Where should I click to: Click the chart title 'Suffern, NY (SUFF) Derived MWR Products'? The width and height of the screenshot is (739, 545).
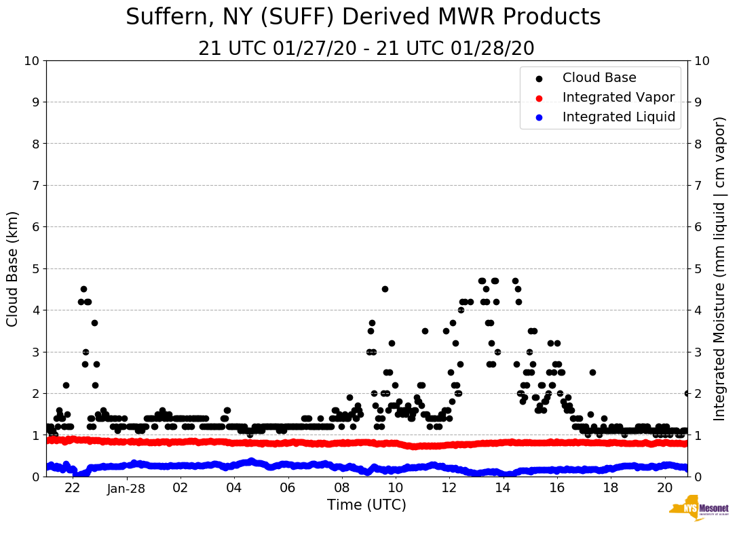[x=363, y=18]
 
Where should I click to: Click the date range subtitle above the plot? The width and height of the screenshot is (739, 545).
[x=366, y=49]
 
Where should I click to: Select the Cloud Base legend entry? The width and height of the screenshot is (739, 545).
[x=599, y=78]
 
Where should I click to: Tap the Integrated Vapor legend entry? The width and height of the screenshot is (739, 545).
[x=618, y=98]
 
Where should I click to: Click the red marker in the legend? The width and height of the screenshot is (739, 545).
[x=539, y=98]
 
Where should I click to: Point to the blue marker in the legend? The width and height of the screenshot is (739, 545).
[x=539, y=117]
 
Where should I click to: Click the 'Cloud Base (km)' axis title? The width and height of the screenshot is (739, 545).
[x=13, y=268]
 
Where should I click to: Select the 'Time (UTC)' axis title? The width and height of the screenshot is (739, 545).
[x=366, y=505]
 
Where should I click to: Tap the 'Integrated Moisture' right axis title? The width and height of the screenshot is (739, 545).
[x=720, y=268]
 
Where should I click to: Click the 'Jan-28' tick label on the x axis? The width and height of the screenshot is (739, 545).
[x=126, y=488]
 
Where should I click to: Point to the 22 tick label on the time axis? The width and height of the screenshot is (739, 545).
[x=73, y=488]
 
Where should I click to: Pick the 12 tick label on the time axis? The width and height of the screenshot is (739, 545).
[x=449, y=488]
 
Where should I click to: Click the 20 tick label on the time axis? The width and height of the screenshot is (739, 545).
[x=664, y=488]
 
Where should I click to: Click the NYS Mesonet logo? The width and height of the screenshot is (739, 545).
[x=698, y=510]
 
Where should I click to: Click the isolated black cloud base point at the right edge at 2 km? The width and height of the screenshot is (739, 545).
[x=687, y=393]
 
